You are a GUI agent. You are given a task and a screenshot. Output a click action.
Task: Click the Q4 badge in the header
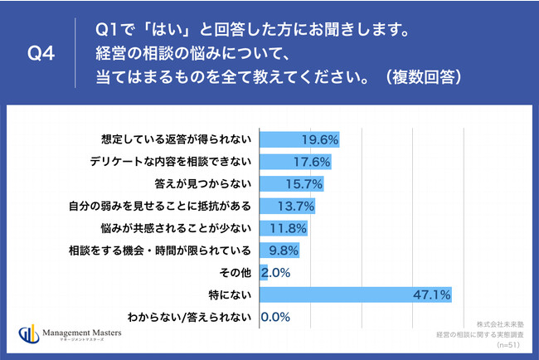point(41,55)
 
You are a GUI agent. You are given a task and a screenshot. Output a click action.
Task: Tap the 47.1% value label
point(432,294)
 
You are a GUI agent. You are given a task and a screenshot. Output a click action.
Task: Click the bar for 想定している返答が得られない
point(299,139)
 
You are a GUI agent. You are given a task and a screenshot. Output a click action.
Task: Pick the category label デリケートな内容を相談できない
point(171,161)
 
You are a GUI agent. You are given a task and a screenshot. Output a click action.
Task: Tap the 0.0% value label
point(275,317)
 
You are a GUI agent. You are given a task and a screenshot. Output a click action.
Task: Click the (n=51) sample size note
point(511,344)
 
